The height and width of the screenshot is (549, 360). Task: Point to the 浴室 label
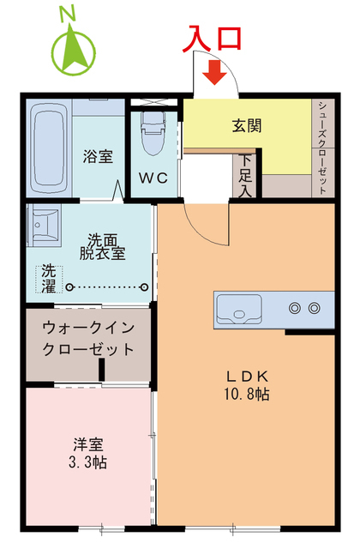pos(98,157)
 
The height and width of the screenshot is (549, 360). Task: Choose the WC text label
pos(154,178)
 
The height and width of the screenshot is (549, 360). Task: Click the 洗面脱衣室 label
pos(102,246)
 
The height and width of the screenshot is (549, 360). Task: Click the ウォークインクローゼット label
pos(88,338)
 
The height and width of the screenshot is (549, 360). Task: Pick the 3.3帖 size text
pos(88,462)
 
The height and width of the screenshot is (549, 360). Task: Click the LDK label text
pos(248,376)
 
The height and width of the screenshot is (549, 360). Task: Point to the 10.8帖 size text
pos(248,394)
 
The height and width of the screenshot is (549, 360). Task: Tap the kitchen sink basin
pos(238,308)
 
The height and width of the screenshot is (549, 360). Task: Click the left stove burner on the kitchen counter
pos(296,307)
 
